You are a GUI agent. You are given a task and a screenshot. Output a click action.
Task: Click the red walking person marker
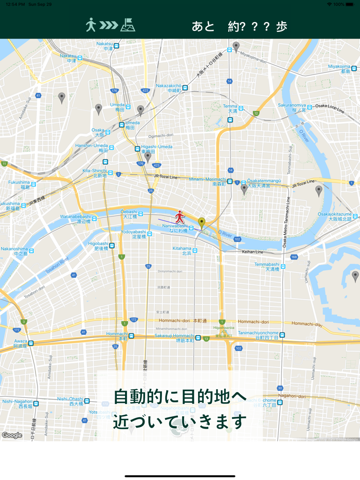click(179, 216)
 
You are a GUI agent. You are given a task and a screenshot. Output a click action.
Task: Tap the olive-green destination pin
click(202, 223)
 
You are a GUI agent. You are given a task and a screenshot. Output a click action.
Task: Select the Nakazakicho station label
click(169, 88)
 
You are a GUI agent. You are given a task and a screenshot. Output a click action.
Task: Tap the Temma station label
click(230, 108)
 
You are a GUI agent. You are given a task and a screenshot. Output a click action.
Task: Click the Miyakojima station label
click(339, 69)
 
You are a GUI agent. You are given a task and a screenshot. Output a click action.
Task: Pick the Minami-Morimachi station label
click(207, 181)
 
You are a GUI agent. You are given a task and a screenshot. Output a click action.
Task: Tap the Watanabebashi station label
click(76, 219)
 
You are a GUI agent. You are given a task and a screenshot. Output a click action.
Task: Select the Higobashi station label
click(98, 246)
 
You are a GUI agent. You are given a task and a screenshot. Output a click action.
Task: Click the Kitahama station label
click(182, 250)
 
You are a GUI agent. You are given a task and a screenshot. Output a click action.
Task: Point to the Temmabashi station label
click(267, 267)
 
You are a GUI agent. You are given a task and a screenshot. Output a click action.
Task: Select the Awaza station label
click(21, 343)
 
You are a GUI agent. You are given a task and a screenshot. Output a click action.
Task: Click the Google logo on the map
click(12, 435)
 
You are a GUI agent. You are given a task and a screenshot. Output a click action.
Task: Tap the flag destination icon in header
click(128, 25)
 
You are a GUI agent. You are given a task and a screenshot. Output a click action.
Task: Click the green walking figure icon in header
click(91, 25)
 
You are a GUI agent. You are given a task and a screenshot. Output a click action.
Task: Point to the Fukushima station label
click(19, 184)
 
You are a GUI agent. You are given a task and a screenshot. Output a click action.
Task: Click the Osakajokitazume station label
click(334, 216)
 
